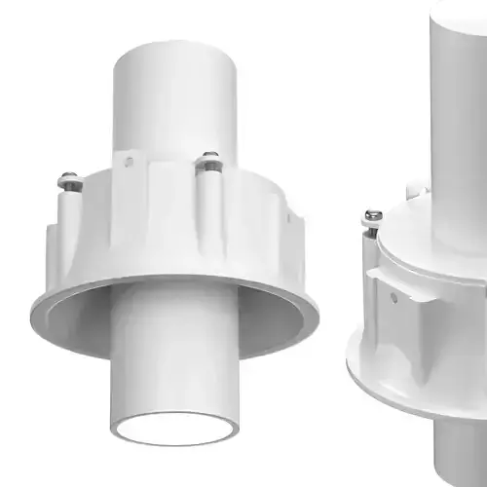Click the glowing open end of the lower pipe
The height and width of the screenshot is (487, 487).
[174, 428]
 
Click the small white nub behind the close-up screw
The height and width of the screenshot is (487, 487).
[415, 191]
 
